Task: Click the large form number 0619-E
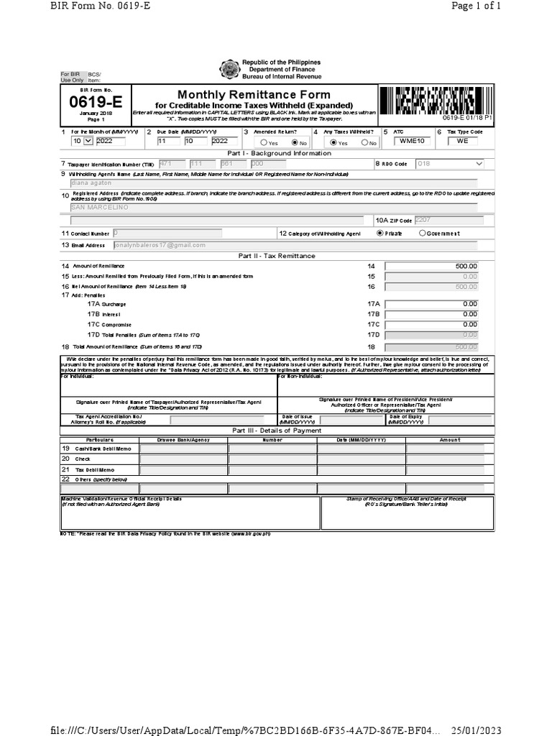[94, 103]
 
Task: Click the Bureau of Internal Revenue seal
[229, 70]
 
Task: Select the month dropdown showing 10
[82, 142]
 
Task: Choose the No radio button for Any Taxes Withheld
[365, 143]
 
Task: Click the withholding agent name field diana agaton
[273, 183]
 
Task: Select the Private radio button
[380, 234]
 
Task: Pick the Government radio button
[423, 234]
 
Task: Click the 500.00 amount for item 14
[431, 267]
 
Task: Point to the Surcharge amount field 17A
[431, 304]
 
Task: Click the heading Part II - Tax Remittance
[277, 256]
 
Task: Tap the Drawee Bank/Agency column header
[183, 440]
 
